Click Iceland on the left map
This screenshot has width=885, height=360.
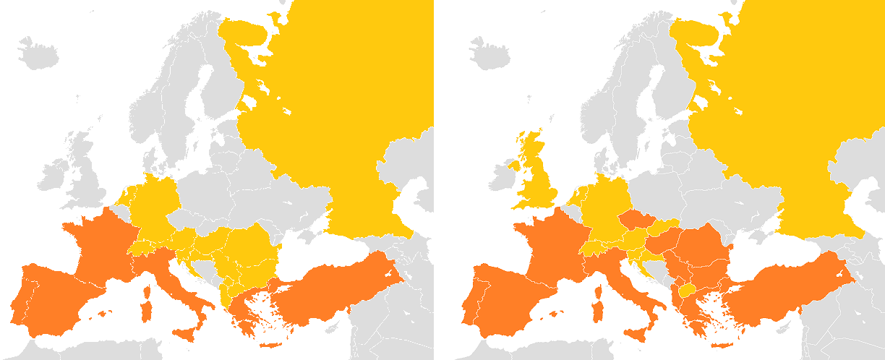pos(37,53)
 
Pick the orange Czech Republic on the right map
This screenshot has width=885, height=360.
pos(636,218)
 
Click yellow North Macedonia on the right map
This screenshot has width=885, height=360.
pos(688,291)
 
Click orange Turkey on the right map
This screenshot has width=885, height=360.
pos(788,289)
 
